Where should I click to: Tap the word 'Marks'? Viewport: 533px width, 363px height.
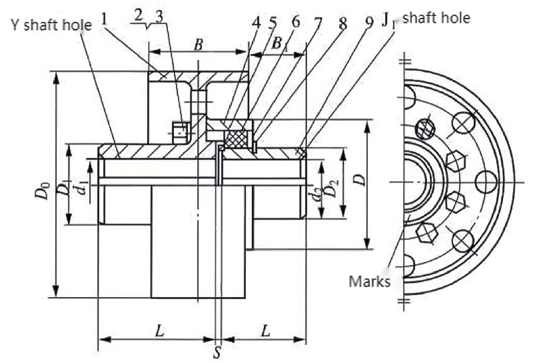point(370,280)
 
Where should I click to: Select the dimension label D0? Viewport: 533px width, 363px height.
point(43,194)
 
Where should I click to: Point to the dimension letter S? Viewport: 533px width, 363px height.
point(217,352)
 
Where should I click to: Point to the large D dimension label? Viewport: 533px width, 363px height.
point(357,181)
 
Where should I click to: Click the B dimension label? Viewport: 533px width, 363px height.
point(198,45)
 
